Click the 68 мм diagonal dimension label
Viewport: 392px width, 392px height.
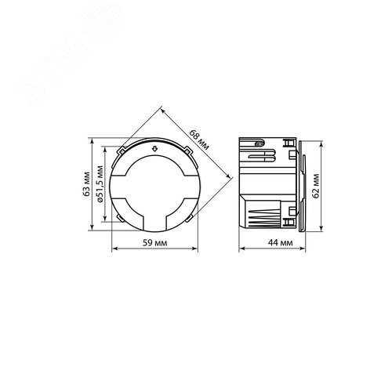[199, 140]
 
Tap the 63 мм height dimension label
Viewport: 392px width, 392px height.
[86, 184]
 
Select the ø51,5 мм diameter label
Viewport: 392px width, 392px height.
[100, 183]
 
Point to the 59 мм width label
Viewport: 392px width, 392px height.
[154, 243]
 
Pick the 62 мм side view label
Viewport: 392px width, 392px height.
[316, 186]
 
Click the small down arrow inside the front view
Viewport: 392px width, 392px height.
[155, 149]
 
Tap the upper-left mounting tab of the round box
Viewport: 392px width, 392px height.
[121, 151]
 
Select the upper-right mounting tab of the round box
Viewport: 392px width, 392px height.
[188, 151]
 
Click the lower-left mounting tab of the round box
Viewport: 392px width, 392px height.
[120, 218]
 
